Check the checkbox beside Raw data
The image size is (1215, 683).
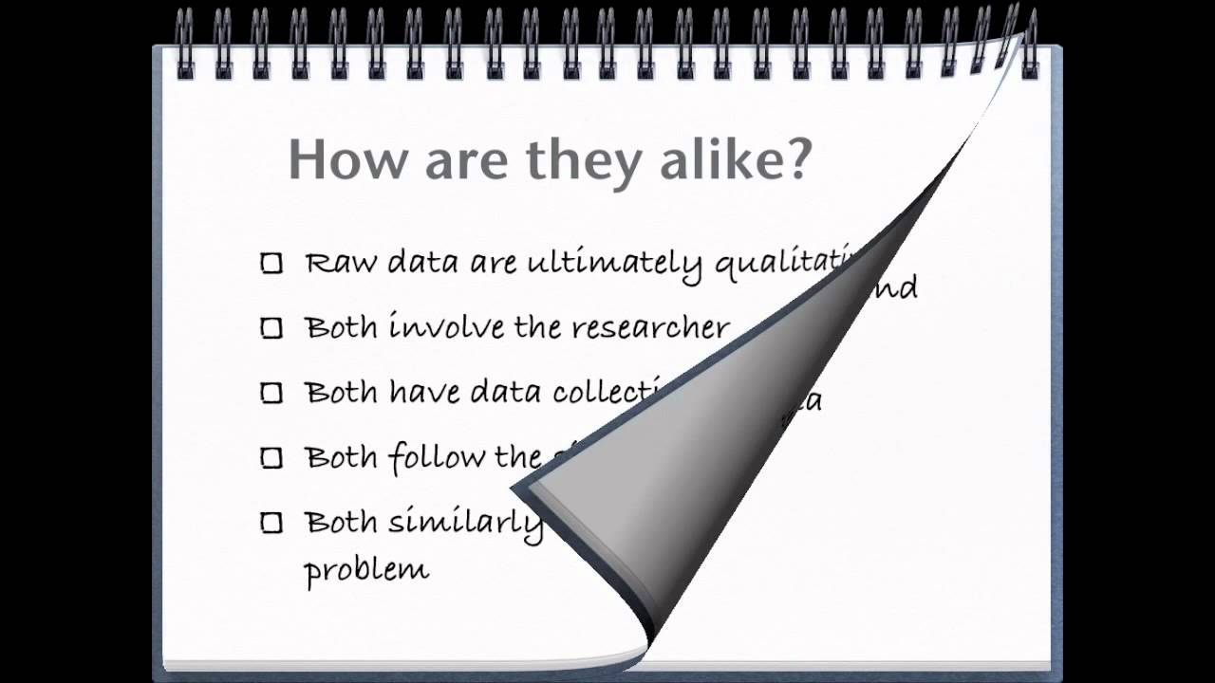click(271, 264)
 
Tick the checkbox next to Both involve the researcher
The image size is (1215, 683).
click(271, 328)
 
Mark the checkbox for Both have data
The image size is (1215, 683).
click(271, 393)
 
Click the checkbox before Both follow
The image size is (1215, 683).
click(271, 458)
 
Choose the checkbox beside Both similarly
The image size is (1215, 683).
click(271, 523)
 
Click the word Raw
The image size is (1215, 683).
click(340, 263)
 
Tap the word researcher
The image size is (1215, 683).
click(653, 328)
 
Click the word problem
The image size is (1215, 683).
click(366, 570)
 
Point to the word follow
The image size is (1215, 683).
click(436, 457)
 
